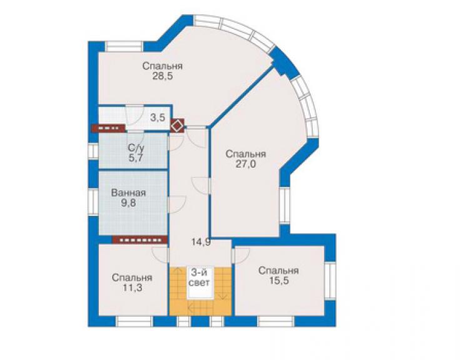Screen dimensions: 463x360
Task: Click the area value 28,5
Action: (163, 76)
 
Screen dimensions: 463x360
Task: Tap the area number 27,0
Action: (246, 164)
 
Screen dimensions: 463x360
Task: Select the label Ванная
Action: (128, 193)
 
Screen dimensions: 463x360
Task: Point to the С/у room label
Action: (136, 147)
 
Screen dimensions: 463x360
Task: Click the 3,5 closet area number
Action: (158, 118)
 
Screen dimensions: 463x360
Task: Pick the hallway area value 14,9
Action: (201, 242)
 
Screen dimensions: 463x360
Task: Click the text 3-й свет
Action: (200, 277)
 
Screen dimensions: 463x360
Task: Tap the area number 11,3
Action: (132, 287)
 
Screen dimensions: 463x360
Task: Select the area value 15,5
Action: (279, 280)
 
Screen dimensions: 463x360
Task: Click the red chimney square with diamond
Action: (177, 125)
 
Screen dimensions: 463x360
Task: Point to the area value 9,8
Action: (128, 203)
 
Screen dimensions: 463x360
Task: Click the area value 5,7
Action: (136, 158)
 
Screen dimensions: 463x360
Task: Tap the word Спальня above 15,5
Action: (278, 270)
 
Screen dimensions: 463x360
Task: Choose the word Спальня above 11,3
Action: (132, 278)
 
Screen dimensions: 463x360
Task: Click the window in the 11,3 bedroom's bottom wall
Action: (134, 321)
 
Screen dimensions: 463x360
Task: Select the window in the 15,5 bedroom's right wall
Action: (330, 281)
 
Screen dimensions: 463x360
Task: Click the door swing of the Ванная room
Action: (176, 204)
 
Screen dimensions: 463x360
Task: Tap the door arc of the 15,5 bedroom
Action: (242, 256)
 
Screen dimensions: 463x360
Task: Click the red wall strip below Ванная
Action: (140, 240)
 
